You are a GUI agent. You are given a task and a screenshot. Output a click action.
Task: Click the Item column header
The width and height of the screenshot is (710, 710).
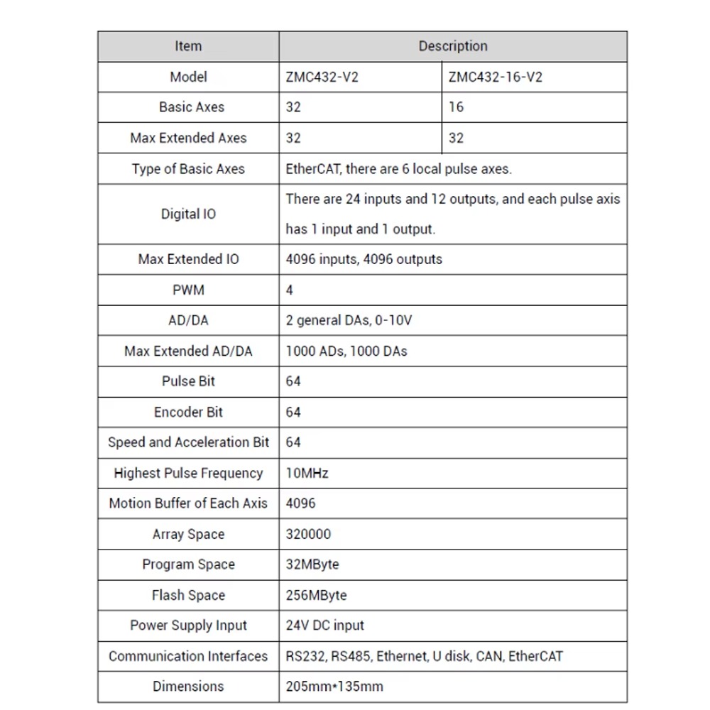point(188,46)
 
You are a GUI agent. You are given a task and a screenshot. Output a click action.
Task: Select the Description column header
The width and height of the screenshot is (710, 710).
point(453,46)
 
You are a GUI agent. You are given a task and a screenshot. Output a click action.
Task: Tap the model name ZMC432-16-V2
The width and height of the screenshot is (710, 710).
point(495,77)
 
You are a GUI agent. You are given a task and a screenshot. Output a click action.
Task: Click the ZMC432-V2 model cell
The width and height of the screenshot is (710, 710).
point(322,77)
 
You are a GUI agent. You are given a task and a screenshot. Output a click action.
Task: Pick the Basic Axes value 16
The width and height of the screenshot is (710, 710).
point(456,107)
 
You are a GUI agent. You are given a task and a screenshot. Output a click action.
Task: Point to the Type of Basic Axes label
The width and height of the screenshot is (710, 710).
point(188,169)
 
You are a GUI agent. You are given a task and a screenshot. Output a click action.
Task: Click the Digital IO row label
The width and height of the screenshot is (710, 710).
point(188,214)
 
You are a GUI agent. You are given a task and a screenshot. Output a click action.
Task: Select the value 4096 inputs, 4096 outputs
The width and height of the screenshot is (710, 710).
point(364,259)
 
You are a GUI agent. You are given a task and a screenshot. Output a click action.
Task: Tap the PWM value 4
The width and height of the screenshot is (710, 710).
point(290,290)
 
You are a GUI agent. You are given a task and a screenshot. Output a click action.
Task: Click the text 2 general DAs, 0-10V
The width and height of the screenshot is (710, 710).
point(349,320)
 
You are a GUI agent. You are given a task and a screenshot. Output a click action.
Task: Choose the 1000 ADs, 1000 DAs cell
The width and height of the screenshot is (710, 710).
point(346,351)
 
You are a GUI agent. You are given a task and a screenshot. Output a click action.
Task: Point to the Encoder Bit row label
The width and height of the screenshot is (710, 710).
point(188,412)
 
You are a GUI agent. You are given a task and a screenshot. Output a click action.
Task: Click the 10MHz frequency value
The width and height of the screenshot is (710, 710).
point(307,473)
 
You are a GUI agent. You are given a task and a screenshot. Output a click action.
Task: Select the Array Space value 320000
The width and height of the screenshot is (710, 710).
point(308,534)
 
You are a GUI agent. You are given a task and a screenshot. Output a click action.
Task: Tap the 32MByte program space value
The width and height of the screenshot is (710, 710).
point(312,564)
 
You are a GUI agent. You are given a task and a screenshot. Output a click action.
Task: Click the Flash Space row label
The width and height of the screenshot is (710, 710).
point(188,595)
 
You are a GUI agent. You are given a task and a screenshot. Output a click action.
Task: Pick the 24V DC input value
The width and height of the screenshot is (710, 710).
point(324,626)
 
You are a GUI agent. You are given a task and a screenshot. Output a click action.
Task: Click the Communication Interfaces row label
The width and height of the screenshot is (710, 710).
point(188,656)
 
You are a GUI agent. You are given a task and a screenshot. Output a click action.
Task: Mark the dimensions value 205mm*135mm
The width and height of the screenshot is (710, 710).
point(334,687)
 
